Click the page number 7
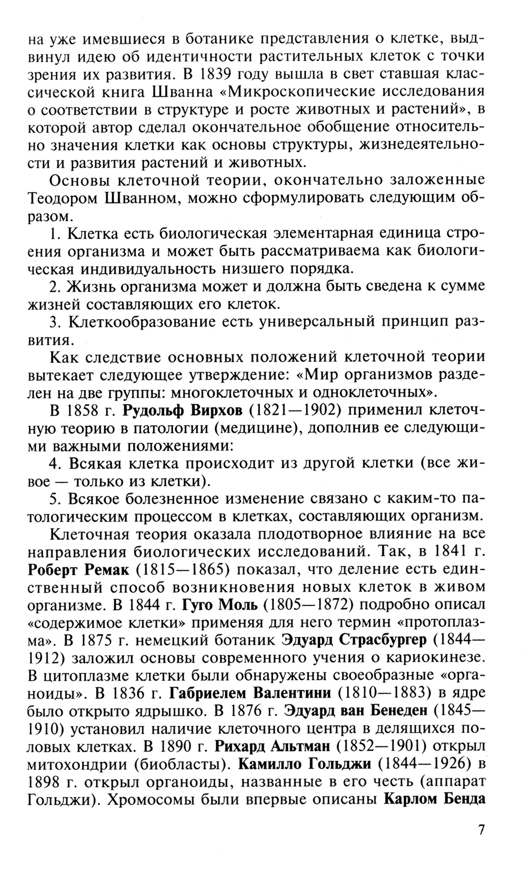click(x=481, y=844)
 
